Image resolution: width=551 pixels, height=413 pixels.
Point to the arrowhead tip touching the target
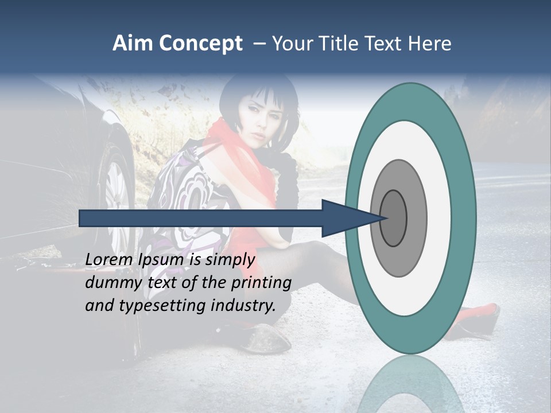(386, 218)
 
